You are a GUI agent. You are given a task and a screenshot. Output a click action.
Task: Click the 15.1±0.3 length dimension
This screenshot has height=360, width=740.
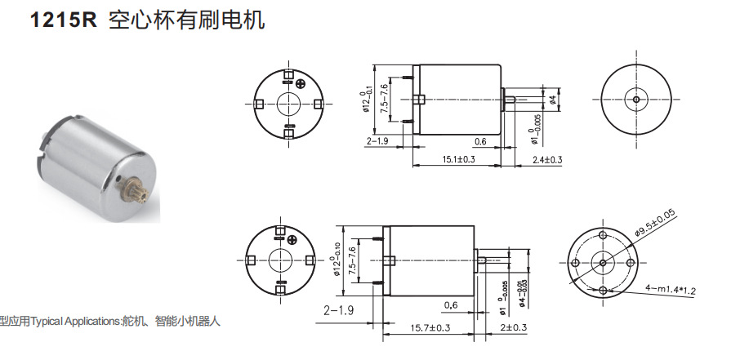[x=458, y=159]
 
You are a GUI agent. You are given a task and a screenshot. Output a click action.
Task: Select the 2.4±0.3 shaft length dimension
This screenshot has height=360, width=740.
[x=546, y=159]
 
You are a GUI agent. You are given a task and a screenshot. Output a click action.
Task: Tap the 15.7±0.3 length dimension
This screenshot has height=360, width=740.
[x=430, y=327]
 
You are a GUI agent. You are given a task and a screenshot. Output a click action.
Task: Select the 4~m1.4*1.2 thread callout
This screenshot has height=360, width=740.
[x=672, y=288]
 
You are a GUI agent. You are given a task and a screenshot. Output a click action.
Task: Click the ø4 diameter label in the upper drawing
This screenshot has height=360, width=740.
[x=554, y=100]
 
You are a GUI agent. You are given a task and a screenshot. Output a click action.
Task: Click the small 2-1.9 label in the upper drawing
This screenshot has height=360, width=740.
[x=377, y=141]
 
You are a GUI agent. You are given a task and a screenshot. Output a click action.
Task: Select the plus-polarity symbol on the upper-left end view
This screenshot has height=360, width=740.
[x=302, y=82]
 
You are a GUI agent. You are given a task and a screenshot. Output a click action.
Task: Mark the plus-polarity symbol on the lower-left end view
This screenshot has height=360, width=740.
[x=292, y=239]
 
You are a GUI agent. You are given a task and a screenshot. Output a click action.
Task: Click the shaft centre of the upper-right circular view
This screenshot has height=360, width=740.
[x=636, y=99]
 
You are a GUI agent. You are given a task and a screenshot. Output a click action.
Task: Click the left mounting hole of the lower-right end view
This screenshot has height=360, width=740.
[x=576, y=263]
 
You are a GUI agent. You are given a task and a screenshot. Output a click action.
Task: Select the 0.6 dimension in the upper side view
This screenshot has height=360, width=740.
[x=479, y=141]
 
